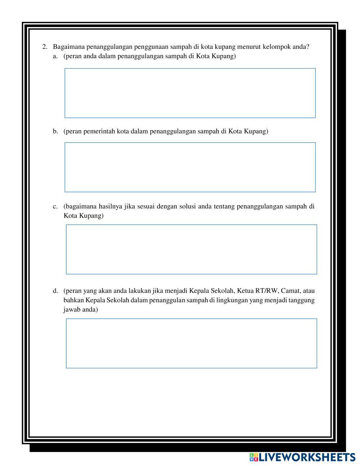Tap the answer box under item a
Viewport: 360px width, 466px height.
point(190,93)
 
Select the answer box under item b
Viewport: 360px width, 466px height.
point(190,167)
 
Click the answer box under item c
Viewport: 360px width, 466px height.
point(192,249)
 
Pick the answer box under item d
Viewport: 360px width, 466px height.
point(192,343)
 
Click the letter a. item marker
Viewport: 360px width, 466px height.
point(55,56)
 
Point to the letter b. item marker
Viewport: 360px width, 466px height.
point(55,131)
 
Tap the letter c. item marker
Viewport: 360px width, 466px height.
point(55,206)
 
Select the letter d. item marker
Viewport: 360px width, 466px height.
point(55,291)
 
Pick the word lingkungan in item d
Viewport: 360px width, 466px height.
point(231,300)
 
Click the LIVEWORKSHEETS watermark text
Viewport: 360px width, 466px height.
point(307,457)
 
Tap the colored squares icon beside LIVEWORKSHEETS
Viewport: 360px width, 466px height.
point(253,457)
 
